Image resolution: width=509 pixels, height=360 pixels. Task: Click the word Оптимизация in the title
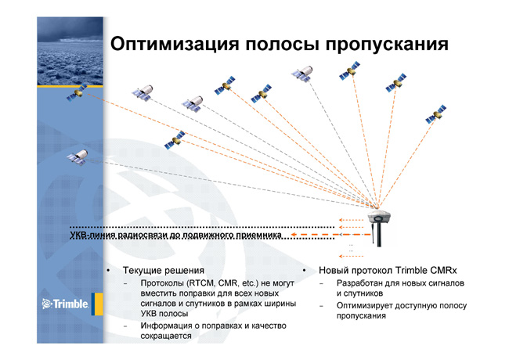tap(175, 44)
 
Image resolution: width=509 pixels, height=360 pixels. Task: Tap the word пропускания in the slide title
tap(387, 45)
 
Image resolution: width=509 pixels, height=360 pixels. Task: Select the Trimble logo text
tap(65, 304)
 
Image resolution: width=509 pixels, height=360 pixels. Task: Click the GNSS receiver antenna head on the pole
tap(379, 216)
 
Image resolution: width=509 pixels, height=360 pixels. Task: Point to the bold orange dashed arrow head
tap(293, 235)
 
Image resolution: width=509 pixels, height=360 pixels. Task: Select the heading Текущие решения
tap(164, 271)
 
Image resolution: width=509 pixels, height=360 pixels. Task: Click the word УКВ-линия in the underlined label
tap(92, 235)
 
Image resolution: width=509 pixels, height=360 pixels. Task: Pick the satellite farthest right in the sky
tap(435, 114)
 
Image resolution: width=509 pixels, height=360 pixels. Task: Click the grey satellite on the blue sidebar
tap(78, 157)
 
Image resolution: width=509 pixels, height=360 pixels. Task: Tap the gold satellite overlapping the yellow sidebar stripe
tap(77, 92)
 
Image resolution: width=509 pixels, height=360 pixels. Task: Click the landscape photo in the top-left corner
tap(70, 51)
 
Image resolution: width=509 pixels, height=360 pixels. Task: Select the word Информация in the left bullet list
tap(164, 326)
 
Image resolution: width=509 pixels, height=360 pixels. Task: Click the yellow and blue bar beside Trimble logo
tap(97, 304)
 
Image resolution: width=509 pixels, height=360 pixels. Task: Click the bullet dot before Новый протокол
tap(304, 270)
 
